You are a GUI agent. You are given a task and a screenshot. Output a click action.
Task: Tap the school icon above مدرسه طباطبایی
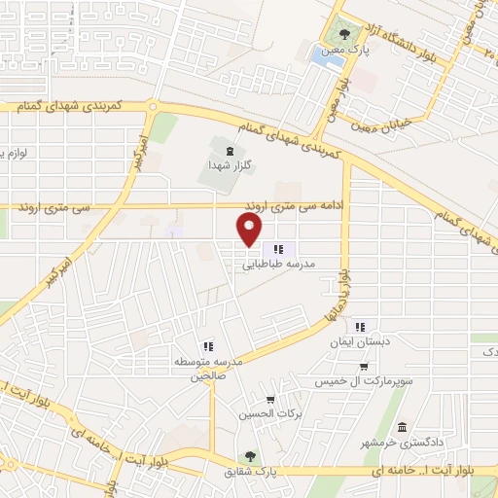pos(279,249)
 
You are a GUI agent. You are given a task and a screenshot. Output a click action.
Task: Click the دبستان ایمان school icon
pos(361,327)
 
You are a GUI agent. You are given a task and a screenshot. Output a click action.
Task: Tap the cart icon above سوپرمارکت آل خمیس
pos(363,368)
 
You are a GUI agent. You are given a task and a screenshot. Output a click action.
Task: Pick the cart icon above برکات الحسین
pos(270,400)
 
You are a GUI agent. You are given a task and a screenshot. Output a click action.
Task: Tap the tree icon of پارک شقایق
pos(252,455)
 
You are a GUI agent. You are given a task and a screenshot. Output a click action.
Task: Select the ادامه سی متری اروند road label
pos(293,206)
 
